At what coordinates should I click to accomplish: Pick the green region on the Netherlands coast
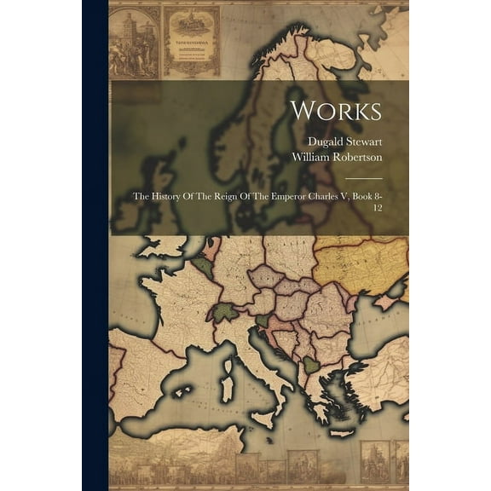coord(205,267)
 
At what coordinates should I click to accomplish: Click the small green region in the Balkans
coord(312,365)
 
